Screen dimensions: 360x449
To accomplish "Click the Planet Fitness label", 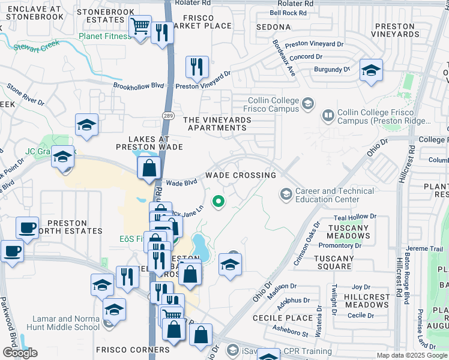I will tap(104, 36).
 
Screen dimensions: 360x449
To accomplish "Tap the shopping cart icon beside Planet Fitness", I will tap(140, 27).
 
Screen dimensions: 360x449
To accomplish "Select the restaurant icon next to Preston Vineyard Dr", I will tap(196, 67).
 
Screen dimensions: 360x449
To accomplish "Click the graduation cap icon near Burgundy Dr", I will tap(370, 70).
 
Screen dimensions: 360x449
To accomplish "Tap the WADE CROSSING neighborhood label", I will tap(241, 175).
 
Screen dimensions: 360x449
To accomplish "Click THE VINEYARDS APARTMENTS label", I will tap(217, 124).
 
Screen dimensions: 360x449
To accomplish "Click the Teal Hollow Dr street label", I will tap(356, 216).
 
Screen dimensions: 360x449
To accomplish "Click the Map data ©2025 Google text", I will tap(411, 355).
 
